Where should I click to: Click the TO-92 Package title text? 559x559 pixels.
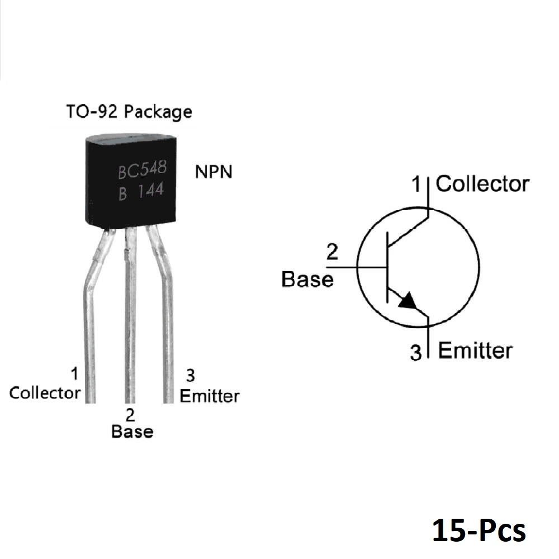tap(129, 112)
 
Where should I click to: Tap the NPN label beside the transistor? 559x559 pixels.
tap(214, 172)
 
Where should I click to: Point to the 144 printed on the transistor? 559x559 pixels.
tap(151, 191)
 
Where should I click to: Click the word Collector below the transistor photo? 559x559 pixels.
tap(45, 393)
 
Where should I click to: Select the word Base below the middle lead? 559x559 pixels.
tap(132, 432)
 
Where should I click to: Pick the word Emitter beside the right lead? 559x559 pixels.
tap(209, 396)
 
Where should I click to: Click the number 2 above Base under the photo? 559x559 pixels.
tap(130, 415)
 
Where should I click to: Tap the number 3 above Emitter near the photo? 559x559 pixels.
tap(191, 376)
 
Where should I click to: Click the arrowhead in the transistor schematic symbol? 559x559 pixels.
tap(408, 302)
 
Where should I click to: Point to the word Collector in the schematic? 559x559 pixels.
tap(482, 184)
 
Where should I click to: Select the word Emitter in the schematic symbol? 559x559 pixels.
tap(475, 350)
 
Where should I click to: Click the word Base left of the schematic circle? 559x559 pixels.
tap(307, 279)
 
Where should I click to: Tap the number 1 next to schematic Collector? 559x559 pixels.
tap(416, 184)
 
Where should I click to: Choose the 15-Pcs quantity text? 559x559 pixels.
tap(479, 530)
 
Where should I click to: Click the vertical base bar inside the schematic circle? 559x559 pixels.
tap(387, 267)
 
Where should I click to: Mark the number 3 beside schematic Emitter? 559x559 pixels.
tap(416, 352)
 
